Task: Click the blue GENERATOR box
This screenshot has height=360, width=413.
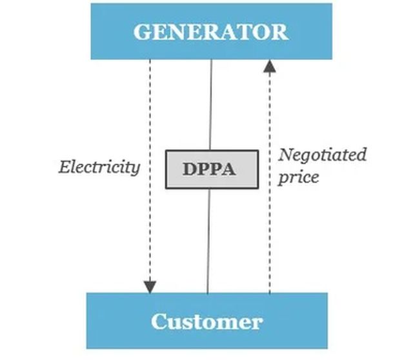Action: tap(211, 31)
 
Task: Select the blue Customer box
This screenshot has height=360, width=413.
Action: tap(206, 321)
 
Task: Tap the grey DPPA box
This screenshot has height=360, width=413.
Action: tap(212, 168)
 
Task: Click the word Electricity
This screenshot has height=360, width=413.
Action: tap(99, 167)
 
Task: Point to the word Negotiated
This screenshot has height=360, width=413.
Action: tap(322, 155)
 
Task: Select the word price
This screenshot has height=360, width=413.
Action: tap(298, 176)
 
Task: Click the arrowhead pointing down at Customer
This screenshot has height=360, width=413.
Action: tap(150, 285)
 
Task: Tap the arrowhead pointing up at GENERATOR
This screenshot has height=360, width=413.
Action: tap(270, 65)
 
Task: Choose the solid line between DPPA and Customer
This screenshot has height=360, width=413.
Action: tap(208, 239)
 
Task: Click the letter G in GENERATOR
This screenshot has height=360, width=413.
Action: tap(142, 32)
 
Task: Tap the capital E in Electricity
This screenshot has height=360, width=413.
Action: tap(64, 167)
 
